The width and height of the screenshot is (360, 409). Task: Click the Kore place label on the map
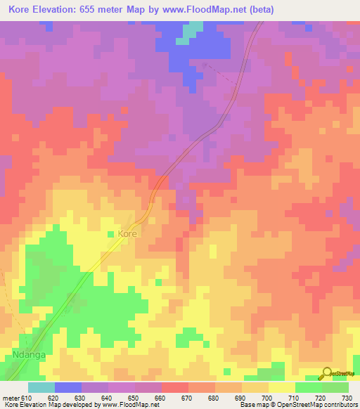pos(127,233)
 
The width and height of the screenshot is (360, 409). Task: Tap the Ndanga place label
pos(29,356)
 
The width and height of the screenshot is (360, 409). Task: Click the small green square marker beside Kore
pos(110,233)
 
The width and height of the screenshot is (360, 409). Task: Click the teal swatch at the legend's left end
pos(41,387)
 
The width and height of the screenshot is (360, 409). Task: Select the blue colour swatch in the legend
pos(67,387)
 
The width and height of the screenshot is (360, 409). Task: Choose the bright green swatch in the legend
pos(308,387)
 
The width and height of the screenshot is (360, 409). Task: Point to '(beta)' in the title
pos(259,10)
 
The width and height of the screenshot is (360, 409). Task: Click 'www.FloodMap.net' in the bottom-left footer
pos(131,405)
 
